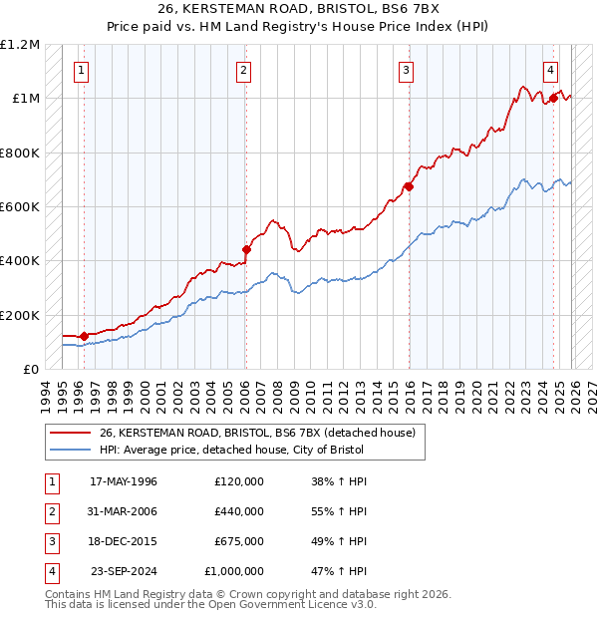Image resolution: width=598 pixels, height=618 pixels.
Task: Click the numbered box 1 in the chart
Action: (x=81, y=70)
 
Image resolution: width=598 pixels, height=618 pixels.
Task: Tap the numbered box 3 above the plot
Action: (x=407, y=70)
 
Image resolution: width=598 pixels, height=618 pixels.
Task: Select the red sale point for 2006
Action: (x=246, y=250)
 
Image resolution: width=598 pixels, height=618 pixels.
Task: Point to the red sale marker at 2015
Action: (x=409, y=186)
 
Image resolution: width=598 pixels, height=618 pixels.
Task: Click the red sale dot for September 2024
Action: (x=553, y=99)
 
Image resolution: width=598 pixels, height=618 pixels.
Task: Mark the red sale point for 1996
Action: (x=84, y=336)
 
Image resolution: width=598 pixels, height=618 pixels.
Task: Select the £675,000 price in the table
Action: (x=239, y=541)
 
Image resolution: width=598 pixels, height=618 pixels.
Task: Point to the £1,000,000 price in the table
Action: (x=233, y=571)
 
